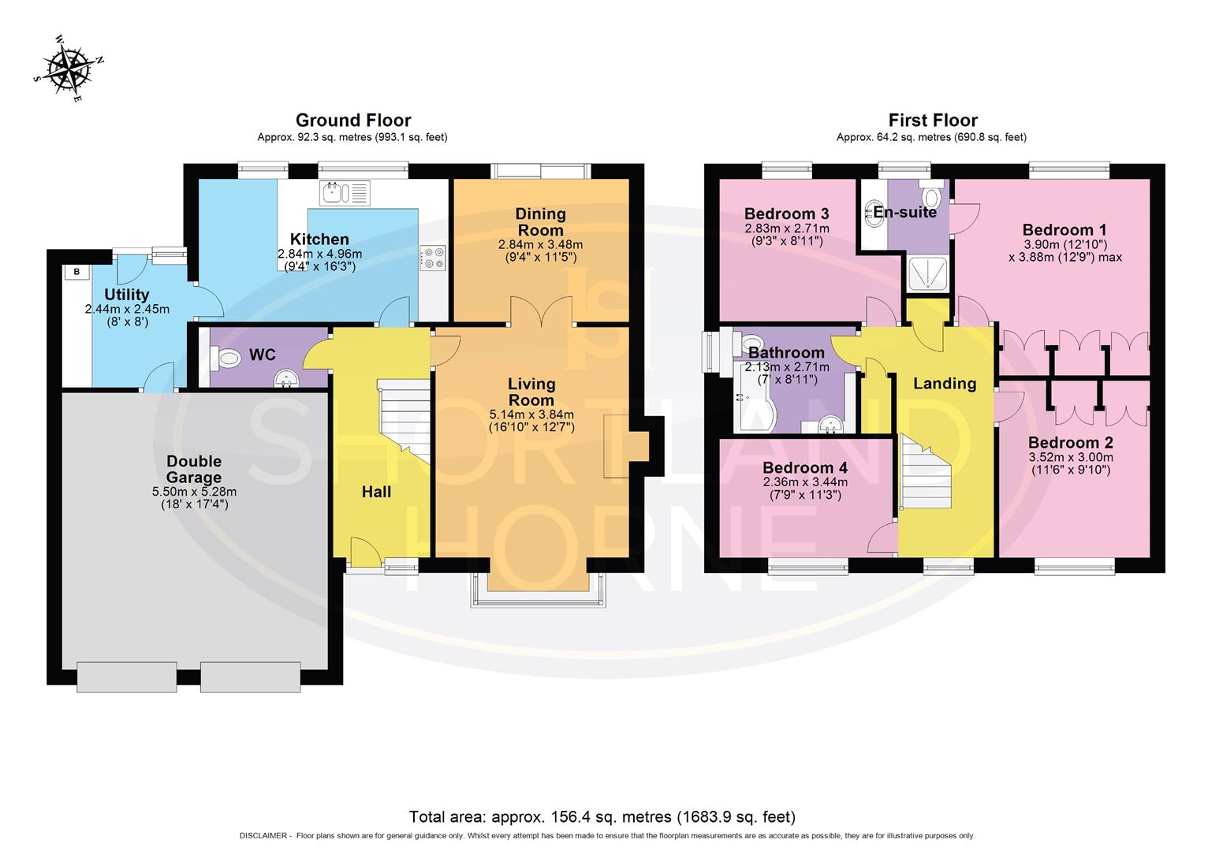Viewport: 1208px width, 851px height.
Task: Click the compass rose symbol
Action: click(x=69, y=69)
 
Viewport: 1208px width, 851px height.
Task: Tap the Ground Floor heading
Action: click(x=352, y=121)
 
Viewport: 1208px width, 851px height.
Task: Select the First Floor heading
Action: click(x=933, y=121)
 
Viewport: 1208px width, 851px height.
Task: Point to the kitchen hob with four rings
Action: click(x=433, y=258)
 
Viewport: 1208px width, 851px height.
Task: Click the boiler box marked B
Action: click(x=76, y=272)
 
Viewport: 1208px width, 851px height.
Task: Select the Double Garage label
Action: click(x=194, y=470)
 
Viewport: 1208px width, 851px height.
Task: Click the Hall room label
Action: click(x=376, y=492)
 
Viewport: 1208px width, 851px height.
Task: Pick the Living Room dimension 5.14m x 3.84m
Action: click(x=531, y=414)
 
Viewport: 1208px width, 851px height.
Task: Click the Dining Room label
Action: click(x=540, y=221)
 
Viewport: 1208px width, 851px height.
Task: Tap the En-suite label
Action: click(x=905, y=212)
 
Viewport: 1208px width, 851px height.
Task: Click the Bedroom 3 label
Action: click(x=786, y=214)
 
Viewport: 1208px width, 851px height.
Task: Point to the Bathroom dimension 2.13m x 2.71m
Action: click(x=786, y=367)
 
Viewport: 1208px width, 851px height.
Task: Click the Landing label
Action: click(x=945, y=384)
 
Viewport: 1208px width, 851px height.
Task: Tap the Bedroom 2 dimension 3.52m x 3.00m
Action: click(x=1070, y=457)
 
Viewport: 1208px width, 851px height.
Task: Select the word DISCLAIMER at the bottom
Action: click(x=264, y=836)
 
